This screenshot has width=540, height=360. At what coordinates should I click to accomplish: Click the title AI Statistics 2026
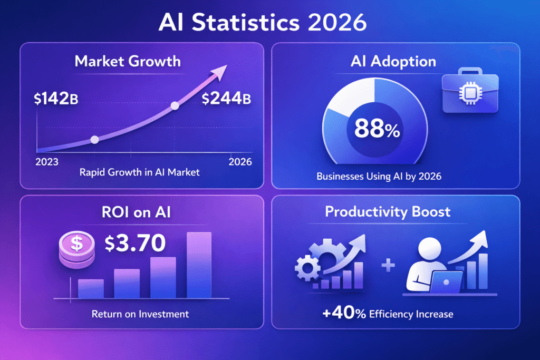(270, 23)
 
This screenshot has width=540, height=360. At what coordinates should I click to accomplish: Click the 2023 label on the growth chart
(47, 162)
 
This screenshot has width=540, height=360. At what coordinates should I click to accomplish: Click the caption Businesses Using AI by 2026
(379, 177)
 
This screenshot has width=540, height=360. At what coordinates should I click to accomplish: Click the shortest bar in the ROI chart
(91, 289)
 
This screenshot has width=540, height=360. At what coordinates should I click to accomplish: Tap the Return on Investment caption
(140, 314)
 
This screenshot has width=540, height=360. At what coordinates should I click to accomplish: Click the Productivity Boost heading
(388, 212)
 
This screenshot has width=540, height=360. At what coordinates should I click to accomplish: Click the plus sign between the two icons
(388, 265)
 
